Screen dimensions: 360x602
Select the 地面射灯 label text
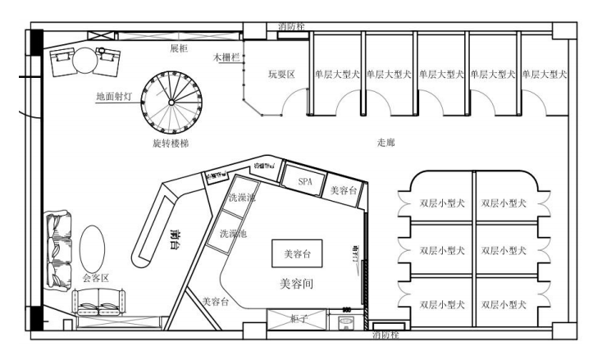[x=112, y=96]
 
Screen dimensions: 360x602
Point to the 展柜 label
[x=179, y=48]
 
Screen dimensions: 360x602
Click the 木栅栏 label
[x=226, y=58]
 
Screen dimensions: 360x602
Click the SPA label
[x=305, y=180]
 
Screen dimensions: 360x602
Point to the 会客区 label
[x=96, y=278]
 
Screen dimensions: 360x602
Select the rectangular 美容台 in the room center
[x=296, y=255]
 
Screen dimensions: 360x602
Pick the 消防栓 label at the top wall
[x=292, y=27]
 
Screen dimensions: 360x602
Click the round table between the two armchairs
[x=86, y=61]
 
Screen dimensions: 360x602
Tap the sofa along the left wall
[x=57, y=248]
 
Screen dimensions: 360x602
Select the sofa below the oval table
[x=98, y=306]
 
